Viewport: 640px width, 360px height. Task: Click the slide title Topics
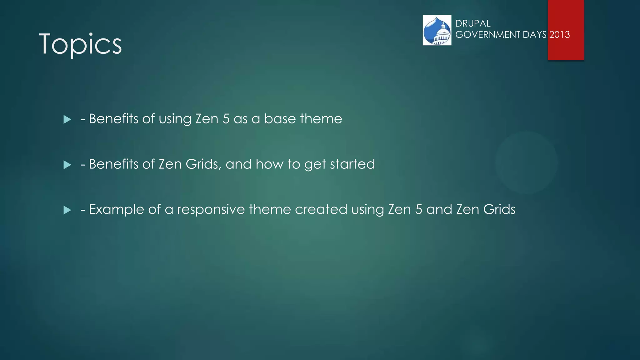pyautogui.click(x=80, y=44)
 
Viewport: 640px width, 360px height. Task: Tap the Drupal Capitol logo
pyautogui.click(x=437, y=30)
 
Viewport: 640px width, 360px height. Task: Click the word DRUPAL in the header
pyautogui.click(x=473, y=23)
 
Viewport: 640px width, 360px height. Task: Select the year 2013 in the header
pyautogui.click(x=559, y=34)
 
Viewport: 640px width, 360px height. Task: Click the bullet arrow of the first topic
pyautogui.click(x=67, y=119)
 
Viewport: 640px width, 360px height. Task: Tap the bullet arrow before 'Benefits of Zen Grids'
pyautogui.click(x=67, y=165)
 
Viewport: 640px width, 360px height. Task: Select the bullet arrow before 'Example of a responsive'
pyautogui.click(x=67, y=210)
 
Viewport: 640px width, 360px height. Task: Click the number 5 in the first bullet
pyautogui.click(x=226, y=119)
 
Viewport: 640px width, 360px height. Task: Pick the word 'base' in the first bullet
pyautogui.click(x=280, y=119)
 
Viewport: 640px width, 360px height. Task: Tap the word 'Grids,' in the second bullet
pyautogui.click(x=203, y=164)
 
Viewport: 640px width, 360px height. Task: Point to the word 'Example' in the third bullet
pyautogui.click(x=116, y=209)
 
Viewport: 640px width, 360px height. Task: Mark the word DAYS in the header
pyautogui.click(x=534, y=34)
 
